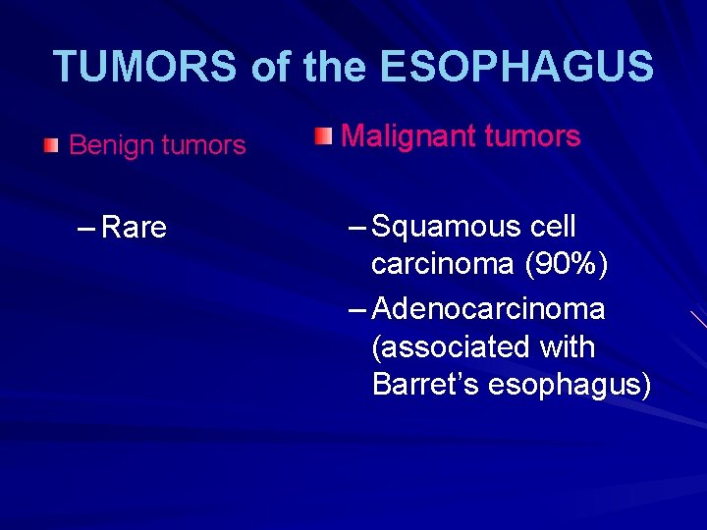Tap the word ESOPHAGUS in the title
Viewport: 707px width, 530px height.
click(516, 67)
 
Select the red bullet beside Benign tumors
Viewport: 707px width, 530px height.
click(51, 145)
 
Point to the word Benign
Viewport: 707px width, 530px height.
click(107, 145)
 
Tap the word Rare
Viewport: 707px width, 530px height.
click(135, 228)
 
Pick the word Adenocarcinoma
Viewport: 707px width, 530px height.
click(489, 309)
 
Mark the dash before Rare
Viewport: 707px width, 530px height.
click(85, 228)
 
